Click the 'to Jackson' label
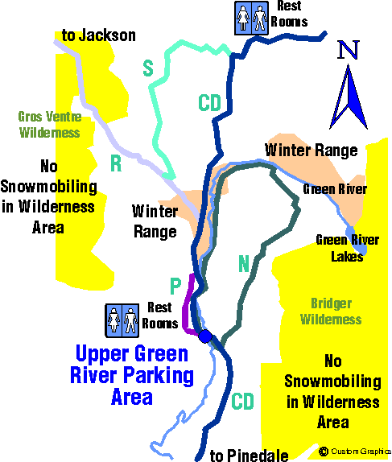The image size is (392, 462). (x=99, y=35)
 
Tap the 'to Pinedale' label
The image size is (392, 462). (x=249, y=456)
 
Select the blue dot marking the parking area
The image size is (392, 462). (x=205, y=336)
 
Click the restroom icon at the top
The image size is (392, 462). (x=251, y=18)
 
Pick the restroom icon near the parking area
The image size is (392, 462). (x=122, y=320)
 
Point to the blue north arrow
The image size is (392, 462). (x=349, y=97)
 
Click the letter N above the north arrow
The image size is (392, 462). (x=349, y=50)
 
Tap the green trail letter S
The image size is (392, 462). (x=148, y=68)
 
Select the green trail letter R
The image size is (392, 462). (x=116, y=163)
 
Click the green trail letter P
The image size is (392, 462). (x=175, y=286)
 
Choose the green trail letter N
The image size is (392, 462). (x=244, y=263)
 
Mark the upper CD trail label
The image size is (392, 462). (x=209, y=102)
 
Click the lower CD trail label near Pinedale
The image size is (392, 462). (x=242, y=401)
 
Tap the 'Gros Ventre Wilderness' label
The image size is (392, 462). (x=50, y=124)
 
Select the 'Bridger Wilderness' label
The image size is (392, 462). (x=331, y=311)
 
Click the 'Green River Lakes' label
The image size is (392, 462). (x=347, y=249)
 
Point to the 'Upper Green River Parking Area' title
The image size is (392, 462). (x=132, y=375)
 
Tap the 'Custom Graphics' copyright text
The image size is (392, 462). (x=355, y=452)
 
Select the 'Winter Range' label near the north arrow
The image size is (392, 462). (x=312, y=151)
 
